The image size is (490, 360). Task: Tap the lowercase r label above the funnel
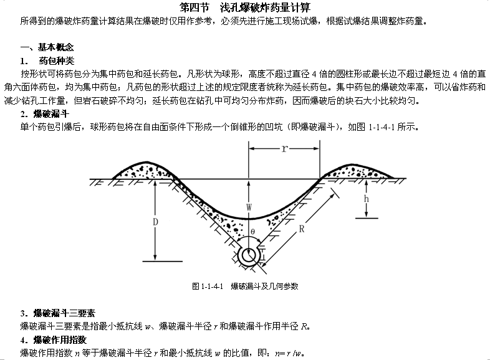click(x=284, y=149)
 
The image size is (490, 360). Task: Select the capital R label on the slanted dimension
click(x=300, y=228)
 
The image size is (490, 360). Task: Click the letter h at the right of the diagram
click(x=368, y=200)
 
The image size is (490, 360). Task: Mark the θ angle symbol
click(x=252, y=231)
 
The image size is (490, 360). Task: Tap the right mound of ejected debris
click(x=357, y=169)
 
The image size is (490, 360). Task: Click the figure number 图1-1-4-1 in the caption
click(x=208, y=287)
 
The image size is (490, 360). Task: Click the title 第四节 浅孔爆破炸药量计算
click(x=244, y=7)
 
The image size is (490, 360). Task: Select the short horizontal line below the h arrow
click(x=368, y=217)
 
